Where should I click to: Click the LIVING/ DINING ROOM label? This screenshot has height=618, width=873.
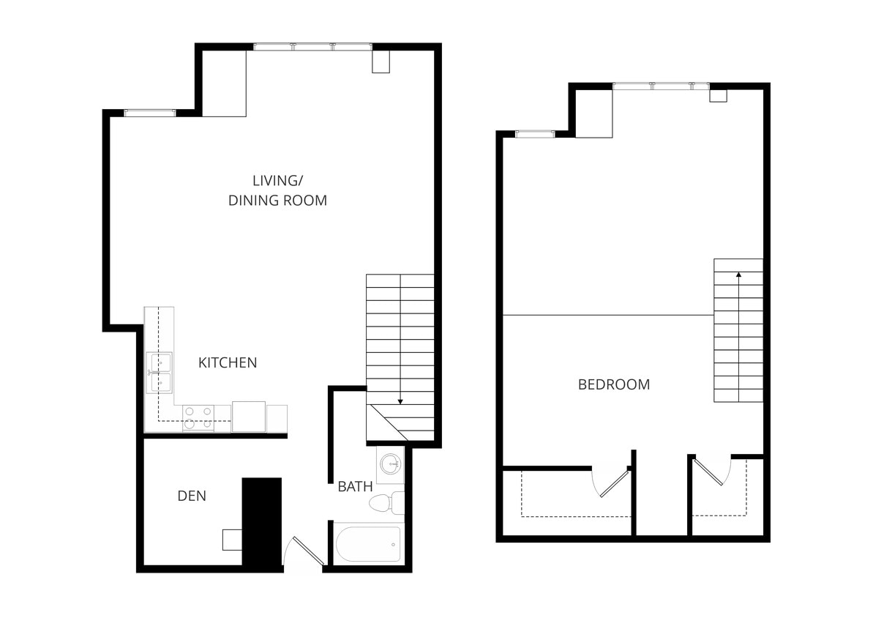(277, 190)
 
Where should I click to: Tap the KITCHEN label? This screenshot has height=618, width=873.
(228, 362)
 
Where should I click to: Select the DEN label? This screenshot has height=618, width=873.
(192, 496)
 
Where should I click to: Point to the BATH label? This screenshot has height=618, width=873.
(355, 486)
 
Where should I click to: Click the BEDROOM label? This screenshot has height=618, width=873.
(613, 384)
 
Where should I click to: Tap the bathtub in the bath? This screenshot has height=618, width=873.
(368, 544)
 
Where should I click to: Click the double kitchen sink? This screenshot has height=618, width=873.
(160, 373)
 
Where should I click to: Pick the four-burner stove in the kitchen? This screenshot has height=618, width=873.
(198, 418)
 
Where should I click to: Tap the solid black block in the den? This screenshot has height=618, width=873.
(261, 521)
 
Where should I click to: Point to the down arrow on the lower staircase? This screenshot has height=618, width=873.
(400, 401)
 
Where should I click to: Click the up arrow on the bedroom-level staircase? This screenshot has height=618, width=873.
(738, 275)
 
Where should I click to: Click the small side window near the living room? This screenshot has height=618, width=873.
(149, 113)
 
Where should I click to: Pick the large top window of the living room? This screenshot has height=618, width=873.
(312, 47)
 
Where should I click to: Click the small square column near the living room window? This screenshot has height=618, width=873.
(381, 62)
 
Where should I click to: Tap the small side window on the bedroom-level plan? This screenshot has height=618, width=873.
(536, 134)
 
